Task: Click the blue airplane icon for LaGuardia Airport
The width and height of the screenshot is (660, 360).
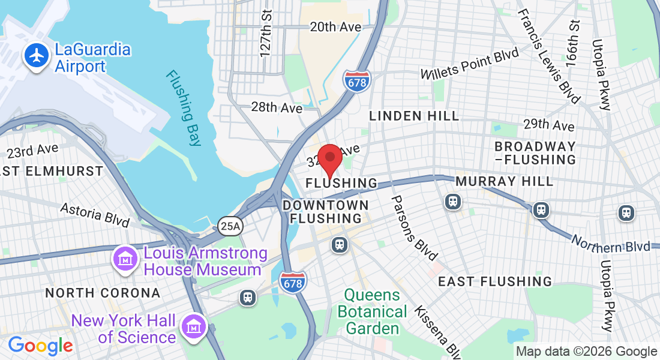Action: point(37,56)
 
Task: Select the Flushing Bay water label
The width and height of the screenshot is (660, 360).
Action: point(183,108)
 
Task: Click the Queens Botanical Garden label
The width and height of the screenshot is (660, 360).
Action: point(372,311)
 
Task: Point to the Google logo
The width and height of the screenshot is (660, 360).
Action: point(40,346)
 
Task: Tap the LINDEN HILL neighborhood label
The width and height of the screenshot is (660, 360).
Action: point(414,116)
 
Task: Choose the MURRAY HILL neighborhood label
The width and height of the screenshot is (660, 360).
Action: point(503,181)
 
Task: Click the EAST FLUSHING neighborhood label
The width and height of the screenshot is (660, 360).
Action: point(495,281)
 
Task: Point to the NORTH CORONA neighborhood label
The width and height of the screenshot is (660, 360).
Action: point(103,293)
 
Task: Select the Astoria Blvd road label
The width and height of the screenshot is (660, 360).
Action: point(95,214)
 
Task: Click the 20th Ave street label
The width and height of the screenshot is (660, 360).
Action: point(335,27)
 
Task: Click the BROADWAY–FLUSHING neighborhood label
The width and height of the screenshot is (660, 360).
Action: point(535,153)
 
